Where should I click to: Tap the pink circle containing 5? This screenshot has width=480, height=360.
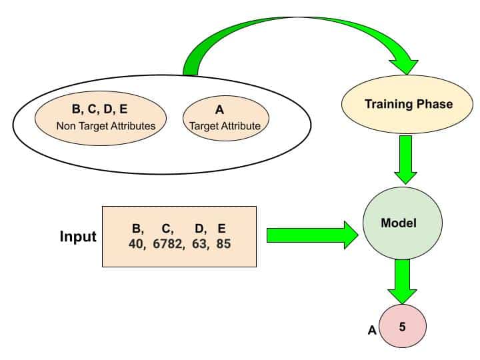point(402,327)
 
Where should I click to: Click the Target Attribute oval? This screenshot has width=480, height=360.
point(222,117)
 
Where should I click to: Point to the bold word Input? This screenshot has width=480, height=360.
point(78,237)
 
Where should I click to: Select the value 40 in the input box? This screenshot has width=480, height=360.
point(137,244)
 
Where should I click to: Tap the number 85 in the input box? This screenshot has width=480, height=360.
point(224,244)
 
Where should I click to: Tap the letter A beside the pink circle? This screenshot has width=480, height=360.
point(372,329)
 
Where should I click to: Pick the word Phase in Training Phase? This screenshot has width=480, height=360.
point(434,104)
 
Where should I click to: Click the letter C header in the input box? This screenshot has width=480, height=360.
point(167,231)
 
